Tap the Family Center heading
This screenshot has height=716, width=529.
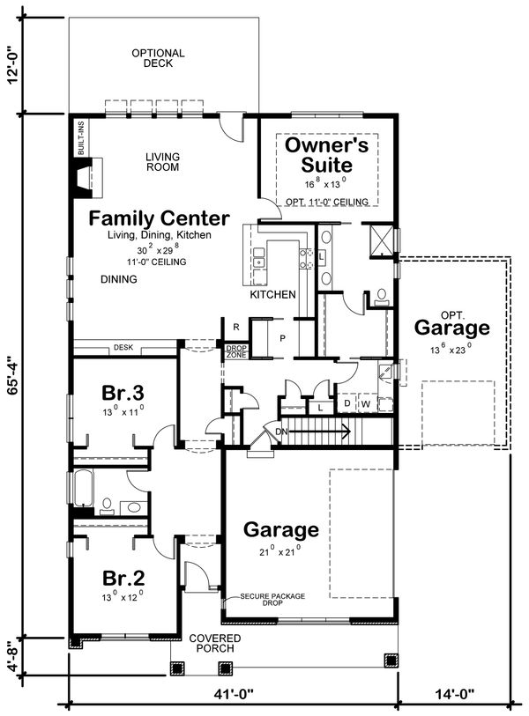159,218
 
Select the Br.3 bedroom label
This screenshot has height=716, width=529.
123,390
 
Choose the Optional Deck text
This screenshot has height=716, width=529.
158,59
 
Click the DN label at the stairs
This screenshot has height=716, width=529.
281,432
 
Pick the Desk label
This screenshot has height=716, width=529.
123,348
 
